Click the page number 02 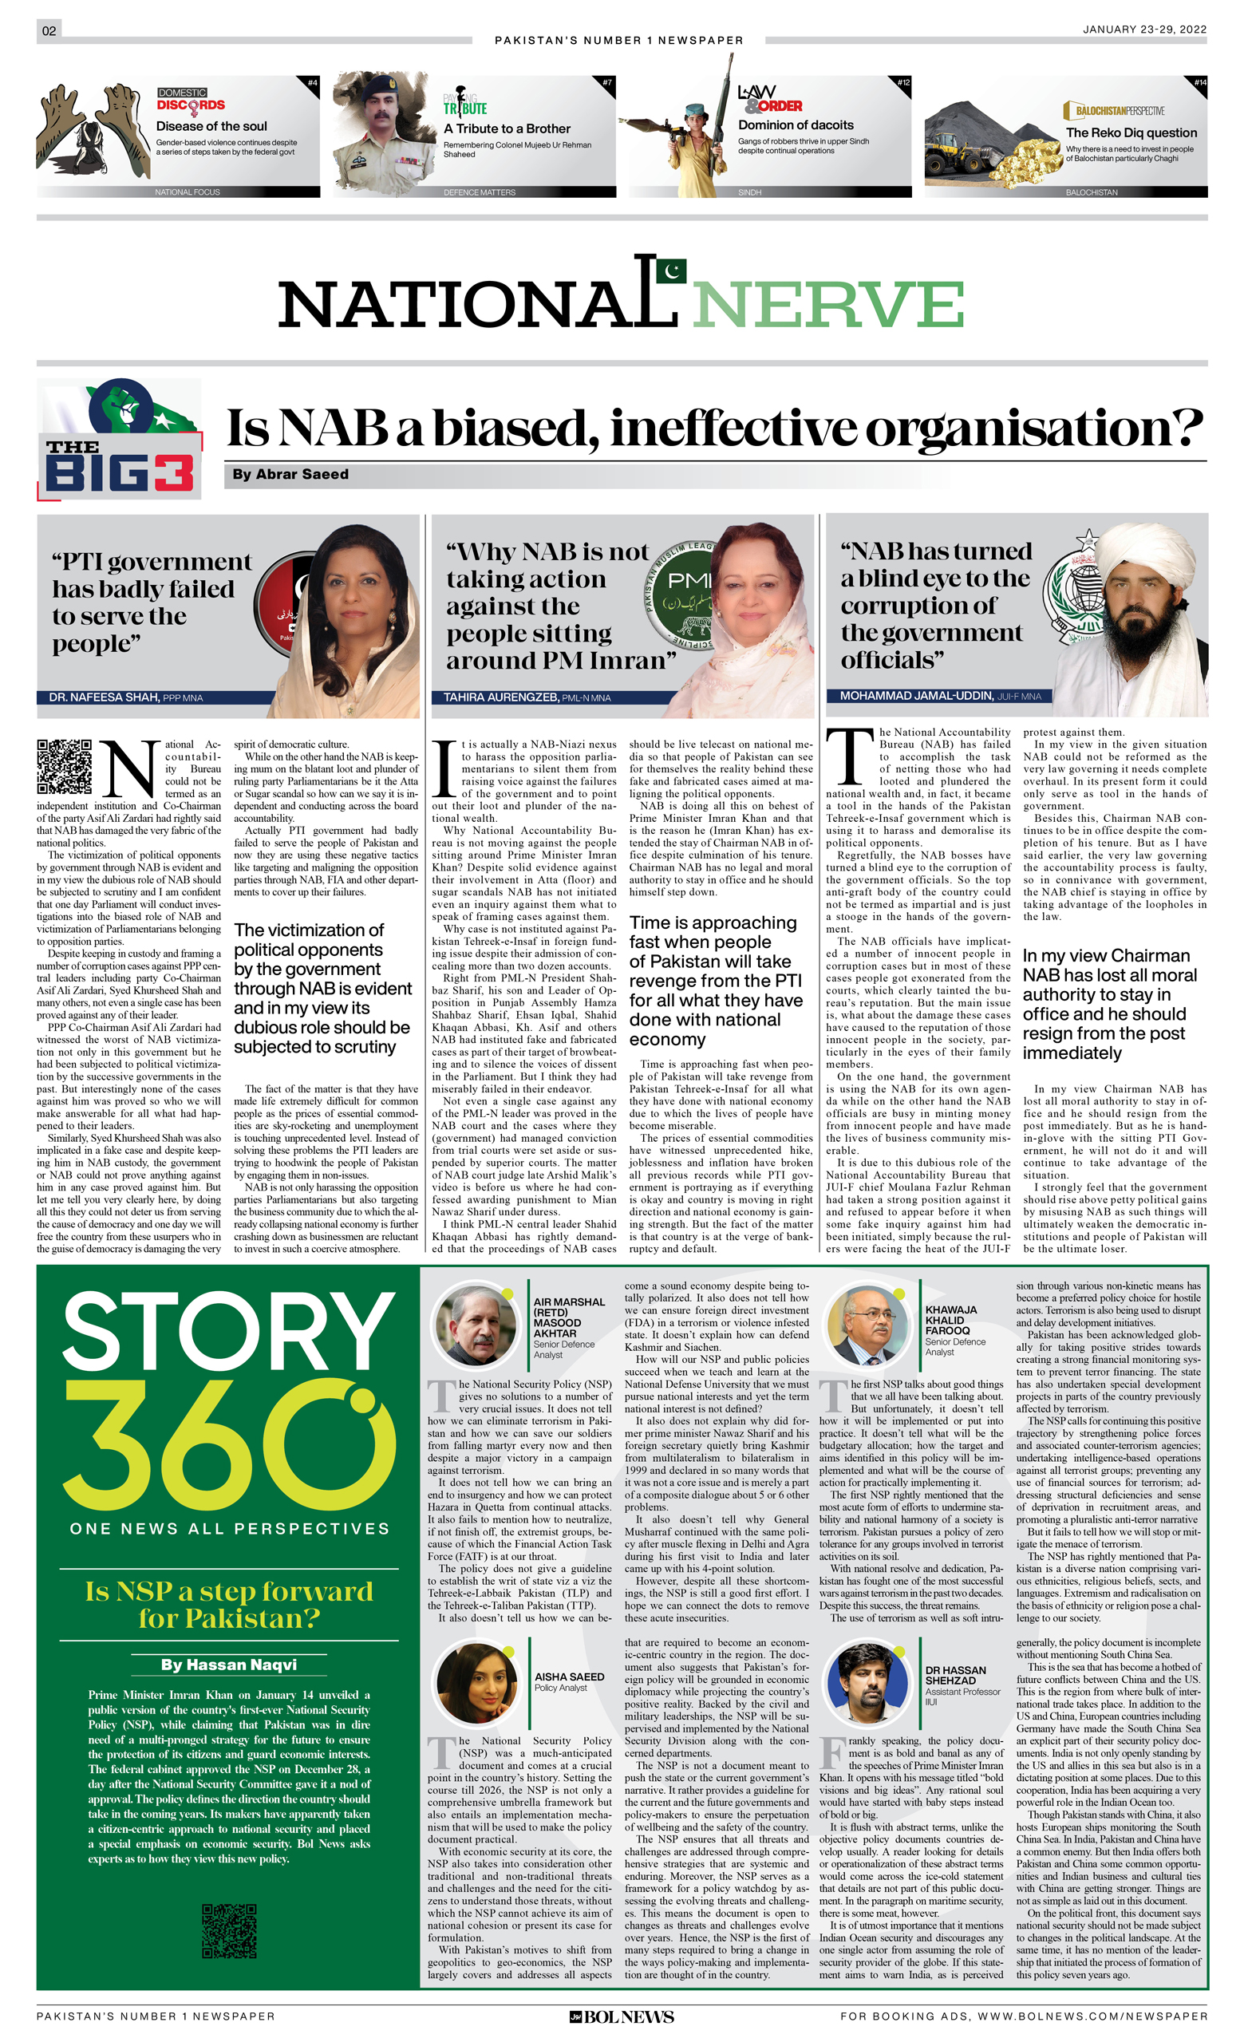point(49,30)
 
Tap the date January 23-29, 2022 point(1143,29)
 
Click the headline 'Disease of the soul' point(211,127)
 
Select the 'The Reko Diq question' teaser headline point(1131,132)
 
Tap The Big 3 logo point(120,440)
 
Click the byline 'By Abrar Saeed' point(290,475)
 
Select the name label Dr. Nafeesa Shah point(103,697)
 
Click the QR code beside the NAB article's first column point(64,767)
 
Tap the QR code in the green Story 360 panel point(229,1930)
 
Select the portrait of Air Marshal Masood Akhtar point(476,1324)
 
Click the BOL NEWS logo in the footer point(622,2017)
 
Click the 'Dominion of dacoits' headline point(795,125)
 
